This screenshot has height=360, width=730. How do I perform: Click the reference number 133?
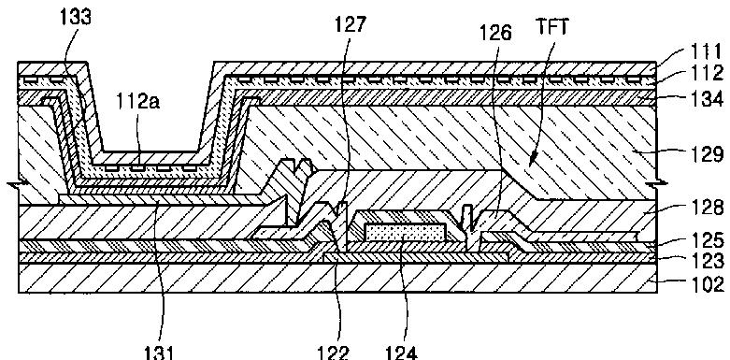coord(76,18)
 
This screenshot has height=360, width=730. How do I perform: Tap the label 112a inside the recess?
coord(138,102)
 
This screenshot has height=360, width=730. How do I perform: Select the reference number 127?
coord(351,24)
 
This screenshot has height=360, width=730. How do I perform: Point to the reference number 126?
coord(495,33)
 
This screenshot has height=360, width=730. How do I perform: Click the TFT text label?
coord(553,27)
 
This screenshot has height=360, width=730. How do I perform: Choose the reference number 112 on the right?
coord(707,74)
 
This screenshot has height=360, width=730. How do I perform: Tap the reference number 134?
coord(708,100)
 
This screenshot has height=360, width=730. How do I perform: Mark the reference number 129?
coord(708,153)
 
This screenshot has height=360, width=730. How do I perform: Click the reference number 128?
coord(708,208)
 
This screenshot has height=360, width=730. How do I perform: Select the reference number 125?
coord(708,240)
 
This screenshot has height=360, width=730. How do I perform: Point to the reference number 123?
coord(708,260)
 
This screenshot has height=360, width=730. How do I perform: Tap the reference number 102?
coord(708,283)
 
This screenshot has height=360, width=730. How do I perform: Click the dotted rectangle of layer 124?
coord(404,233)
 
